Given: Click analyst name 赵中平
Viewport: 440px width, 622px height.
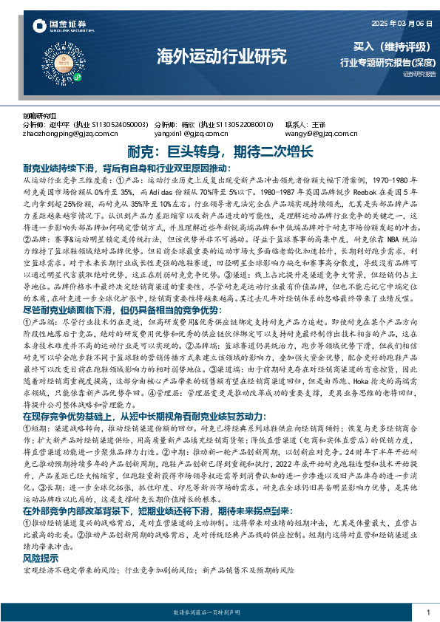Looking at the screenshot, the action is click(66, 124).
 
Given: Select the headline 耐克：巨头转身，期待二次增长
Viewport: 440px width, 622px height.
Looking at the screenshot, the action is click(220, 151).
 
